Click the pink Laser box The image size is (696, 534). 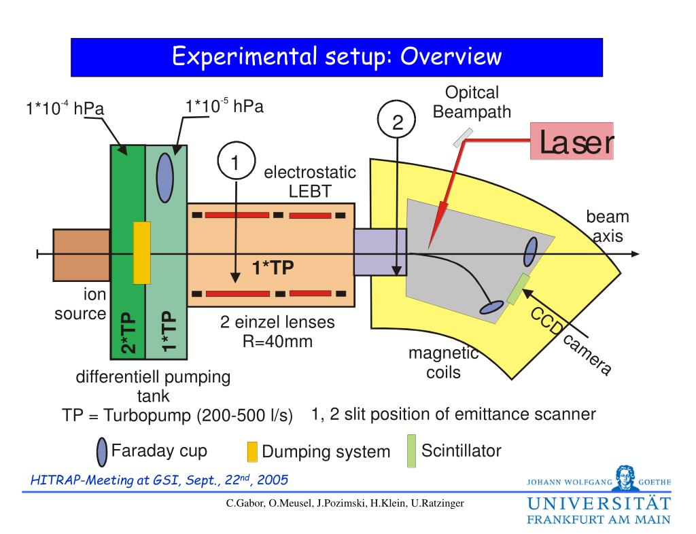[572, 141]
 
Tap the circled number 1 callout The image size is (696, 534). [235, 163]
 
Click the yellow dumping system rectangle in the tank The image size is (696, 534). [141, 252]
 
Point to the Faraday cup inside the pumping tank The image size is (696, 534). [164, 177]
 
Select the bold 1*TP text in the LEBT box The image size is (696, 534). [273, 269]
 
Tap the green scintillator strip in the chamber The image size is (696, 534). [519, 289]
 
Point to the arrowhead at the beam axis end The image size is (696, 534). [635, 254]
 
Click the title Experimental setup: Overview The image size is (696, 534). [336, 56]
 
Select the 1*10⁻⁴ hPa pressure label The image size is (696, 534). [60, 108]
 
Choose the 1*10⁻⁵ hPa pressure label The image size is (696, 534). [224, 106]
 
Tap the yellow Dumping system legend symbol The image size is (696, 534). [251, 452]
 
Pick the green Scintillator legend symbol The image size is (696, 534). [411, 451]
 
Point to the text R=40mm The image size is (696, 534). [277, 341]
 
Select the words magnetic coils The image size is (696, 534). [443, 363]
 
